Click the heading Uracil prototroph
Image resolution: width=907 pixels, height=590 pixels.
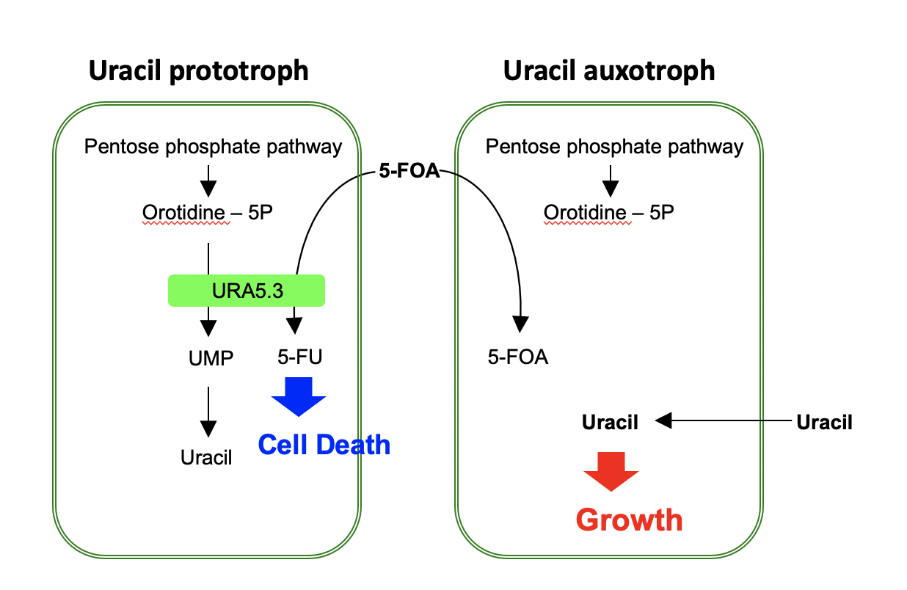click(x=198, y=71)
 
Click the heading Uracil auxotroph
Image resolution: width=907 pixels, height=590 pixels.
click(x=608, y=71)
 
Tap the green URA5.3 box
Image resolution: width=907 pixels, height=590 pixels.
click(x=247, y=291)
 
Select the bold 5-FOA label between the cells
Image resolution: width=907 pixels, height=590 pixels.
click(x=409, y=172)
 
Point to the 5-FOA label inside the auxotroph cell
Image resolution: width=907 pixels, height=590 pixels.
click(x=518, y=358)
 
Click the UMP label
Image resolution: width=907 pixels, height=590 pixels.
click(x=211, y=358)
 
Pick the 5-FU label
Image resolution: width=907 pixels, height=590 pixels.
click(x=299, y=357)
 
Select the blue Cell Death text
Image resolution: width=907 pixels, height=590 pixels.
click(x=324, y=444)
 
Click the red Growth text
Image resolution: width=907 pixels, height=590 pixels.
click(x=629, y=520)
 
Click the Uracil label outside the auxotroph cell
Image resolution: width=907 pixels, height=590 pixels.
click(x=824, y=422)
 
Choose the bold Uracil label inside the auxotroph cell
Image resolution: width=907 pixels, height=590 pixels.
click(x=610, y=422)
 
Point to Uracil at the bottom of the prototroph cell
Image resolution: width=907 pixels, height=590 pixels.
click(x=206, y=458)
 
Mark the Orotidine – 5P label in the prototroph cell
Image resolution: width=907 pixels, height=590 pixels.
click(x=208, y=213)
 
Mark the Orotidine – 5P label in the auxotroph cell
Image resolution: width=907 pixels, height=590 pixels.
click(x=609, y=213)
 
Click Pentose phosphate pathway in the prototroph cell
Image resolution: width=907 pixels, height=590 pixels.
click(x=213, y=147)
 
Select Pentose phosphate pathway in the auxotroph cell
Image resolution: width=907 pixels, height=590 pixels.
click(x=614, y=147)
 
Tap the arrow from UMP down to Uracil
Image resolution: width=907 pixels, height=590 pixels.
click(x=208, y=413)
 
